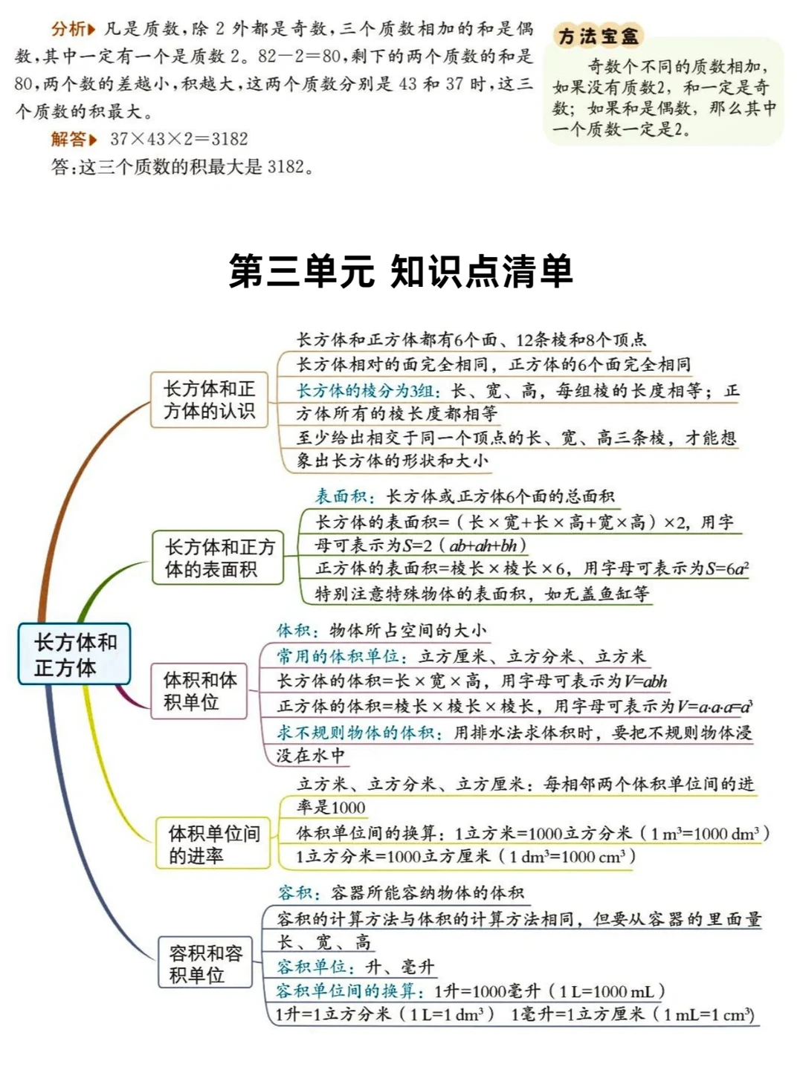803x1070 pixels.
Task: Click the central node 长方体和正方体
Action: click(x=74, y=654)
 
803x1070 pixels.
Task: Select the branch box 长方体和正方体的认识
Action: click(x=209, y=400)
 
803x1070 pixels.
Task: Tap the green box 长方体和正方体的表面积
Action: click(x=219, y=557)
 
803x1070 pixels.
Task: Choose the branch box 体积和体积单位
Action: click(x=199, y=691)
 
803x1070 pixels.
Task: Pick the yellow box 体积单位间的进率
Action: click(x=213, y=843)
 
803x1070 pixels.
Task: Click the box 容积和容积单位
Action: click(x=205, y=964)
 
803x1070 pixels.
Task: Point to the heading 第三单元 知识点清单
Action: click(x=401, y=271)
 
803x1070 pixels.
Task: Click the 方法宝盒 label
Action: click(x=598, y=36)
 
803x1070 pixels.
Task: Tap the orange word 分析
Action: click(x=68, y=29)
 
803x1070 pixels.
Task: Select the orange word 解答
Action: click(x=68, y=139)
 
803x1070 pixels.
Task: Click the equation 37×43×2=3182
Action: click(x=178, y=139)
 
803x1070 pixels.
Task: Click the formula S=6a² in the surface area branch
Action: click(x=726, y=569)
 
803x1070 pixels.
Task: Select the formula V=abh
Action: click(x=645, y=681)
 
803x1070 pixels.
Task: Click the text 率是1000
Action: click(x=331, y=808)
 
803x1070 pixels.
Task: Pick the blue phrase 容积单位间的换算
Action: click(x=349, y=991)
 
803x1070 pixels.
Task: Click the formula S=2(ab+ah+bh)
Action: click(x=464, y=545)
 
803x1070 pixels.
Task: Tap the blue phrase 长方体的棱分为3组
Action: click(x=368, y=391)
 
